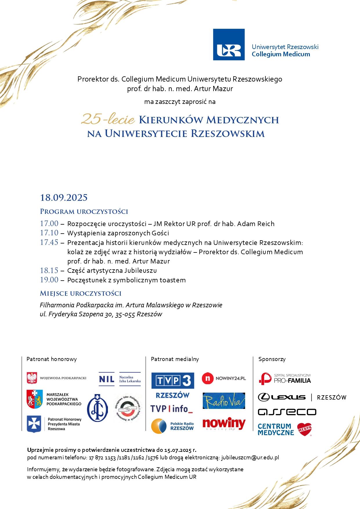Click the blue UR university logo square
click(229, 44)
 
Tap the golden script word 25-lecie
click(108, 119)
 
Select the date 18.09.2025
click(64, 198)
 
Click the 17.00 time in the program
click(49, 223)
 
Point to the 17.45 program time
click(49, 242)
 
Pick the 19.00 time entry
click(49, 280)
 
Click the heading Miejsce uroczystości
click(80, 293)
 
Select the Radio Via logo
click(224, 401)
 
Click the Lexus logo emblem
click(264, 397)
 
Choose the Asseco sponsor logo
click(287, 412)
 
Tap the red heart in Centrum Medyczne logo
click(304, 429)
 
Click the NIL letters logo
click(106, 379)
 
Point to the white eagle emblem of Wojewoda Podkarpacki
click(32, 378)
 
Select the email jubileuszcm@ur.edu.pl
click(250, 458)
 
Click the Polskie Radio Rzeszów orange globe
click(159, 426)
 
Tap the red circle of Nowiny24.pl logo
click(207, 378)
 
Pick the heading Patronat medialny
click(175, 359)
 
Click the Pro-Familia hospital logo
click(285, 379)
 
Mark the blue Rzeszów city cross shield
click(34, 424)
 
